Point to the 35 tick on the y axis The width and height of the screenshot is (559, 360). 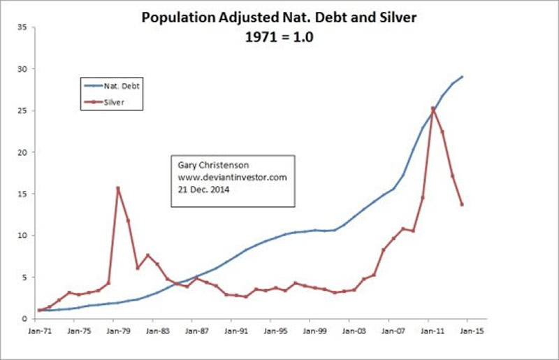point(23,27)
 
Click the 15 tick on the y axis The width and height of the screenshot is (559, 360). point(23,194)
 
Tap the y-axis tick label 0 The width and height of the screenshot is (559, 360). point(25,319)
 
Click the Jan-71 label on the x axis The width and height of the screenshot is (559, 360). point(39,331)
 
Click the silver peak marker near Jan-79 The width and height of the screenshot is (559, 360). point(118,188)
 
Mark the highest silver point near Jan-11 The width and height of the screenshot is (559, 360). point(433,108)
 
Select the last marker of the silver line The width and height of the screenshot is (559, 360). point(462,204)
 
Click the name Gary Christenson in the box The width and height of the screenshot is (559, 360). point(209,166)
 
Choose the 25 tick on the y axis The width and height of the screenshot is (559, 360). point(23,110)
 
